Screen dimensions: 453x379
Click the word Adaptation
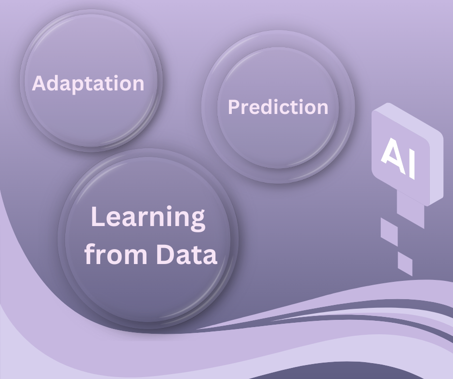tap(88, 83)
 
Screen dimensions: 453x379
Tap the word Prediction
tap(278, 107)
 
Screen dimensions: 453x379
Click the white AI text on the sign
tap(398, 158)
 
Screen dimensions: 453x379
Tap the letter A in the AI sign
tap(391, 154)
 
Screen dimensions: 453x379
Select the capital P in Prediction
tap(234, 107)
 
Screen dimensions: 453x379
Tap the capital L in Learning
tap(98, 216)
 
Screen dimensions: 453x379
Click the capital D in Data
tap(165, 254)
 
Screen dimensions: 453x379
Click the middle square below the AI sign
tap(389, 232)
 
